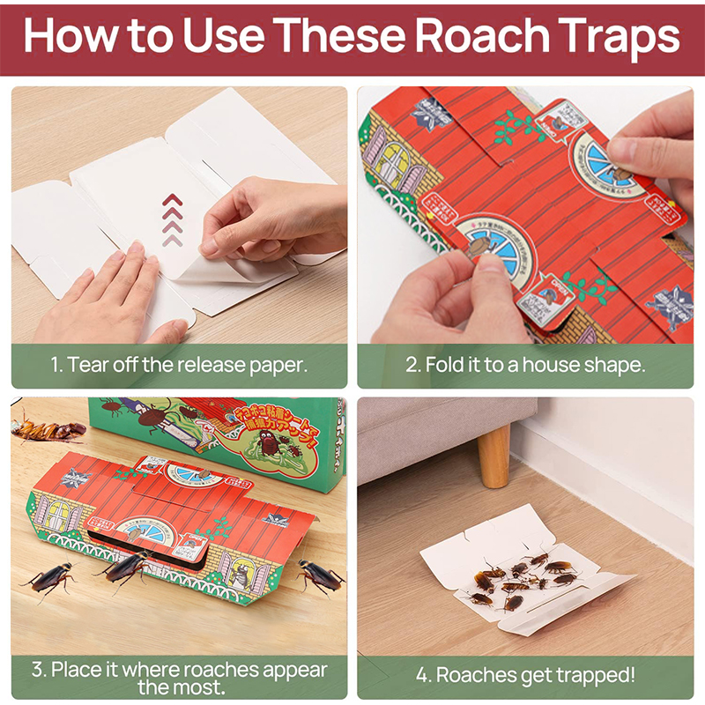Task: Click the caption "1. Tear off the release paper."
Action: pos(179,365)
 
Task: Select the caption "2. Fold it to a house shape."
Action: pos(525,365)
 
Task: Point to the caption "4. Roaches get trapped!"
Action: pos(525,675)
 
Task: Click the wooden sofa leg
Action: pos(493,454)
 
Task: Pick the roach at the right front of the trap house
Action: pos(319,577)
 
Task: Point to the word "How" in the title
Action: pos(70,36)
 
